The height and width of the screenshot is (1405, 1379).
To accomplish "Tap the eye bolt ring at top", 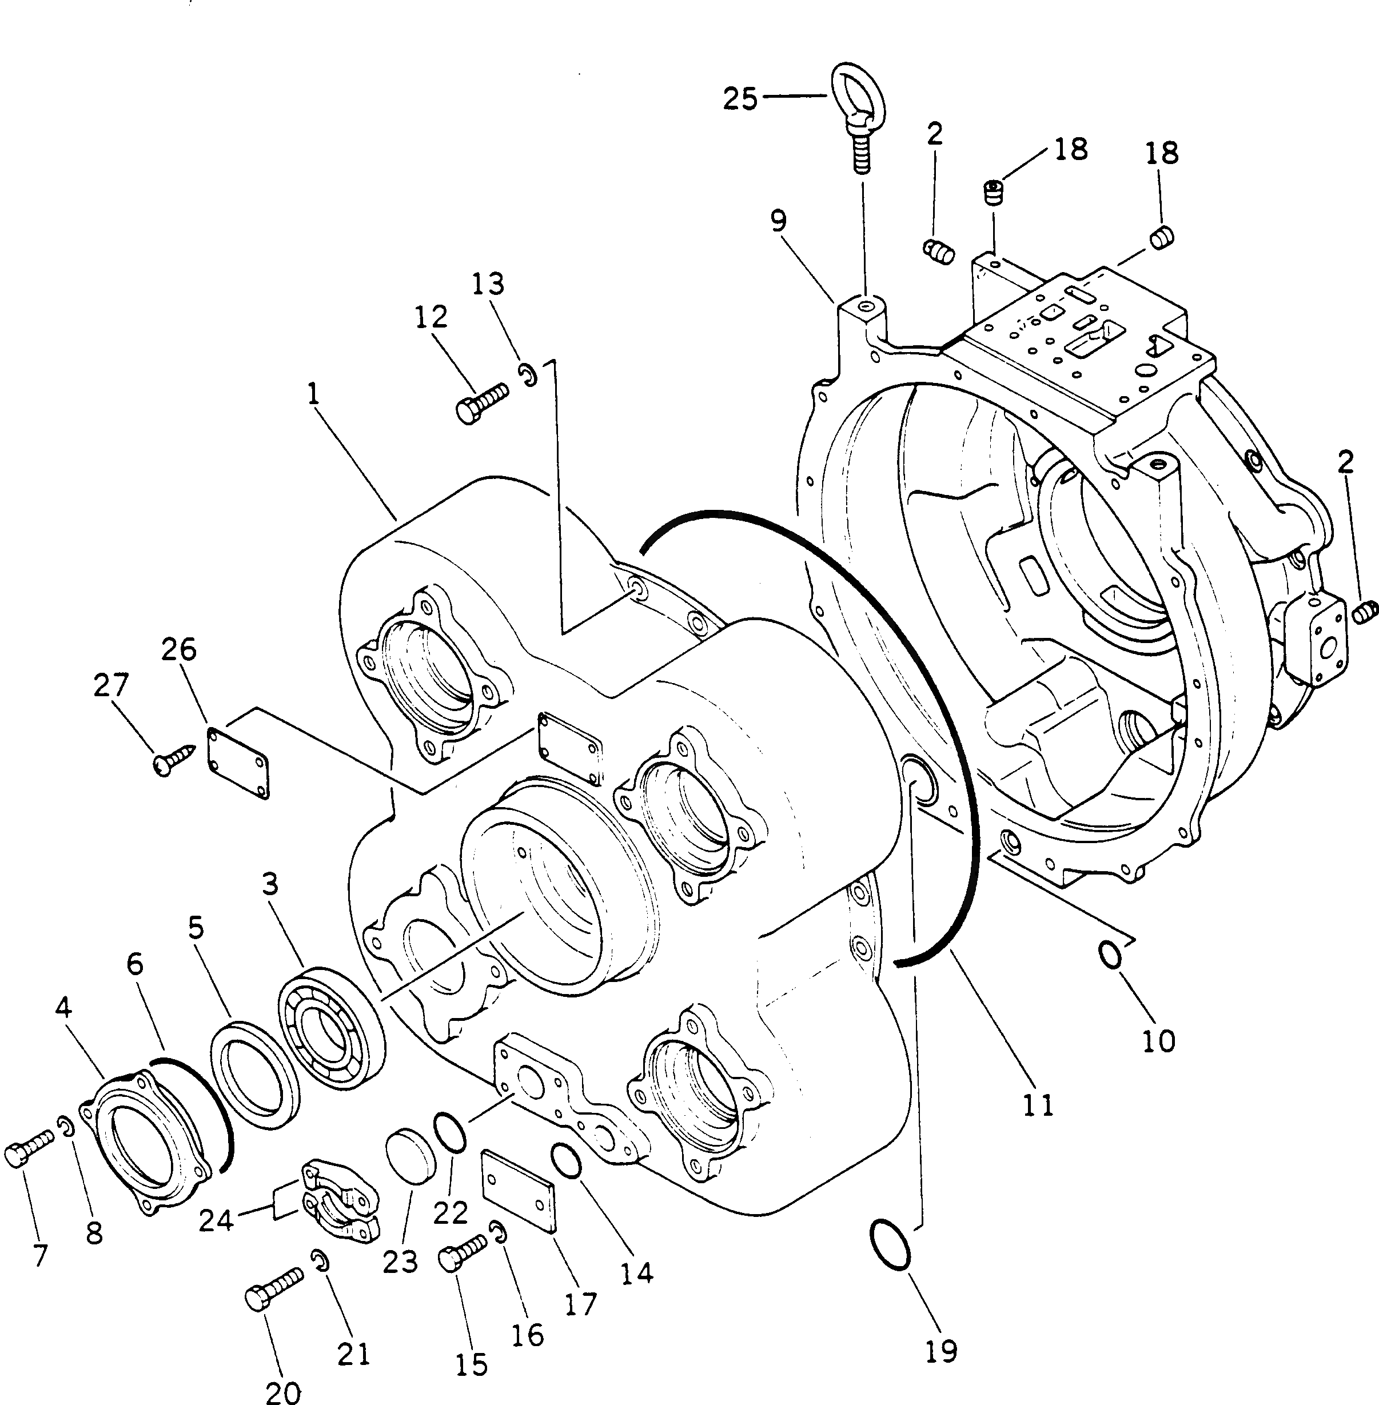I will pyautogui.click(x=859, y=93).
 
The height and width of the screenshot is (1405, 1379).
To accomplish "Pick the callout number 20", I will pyautogui.click(x=282, y=1391).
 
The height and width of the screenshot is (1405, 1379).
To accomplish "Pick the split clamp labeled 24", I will pyautogui.click(x=340, y=1203).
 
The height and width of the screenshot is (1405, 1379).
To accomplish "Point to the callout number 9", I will pyautogui.click(x=778, y=220).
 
